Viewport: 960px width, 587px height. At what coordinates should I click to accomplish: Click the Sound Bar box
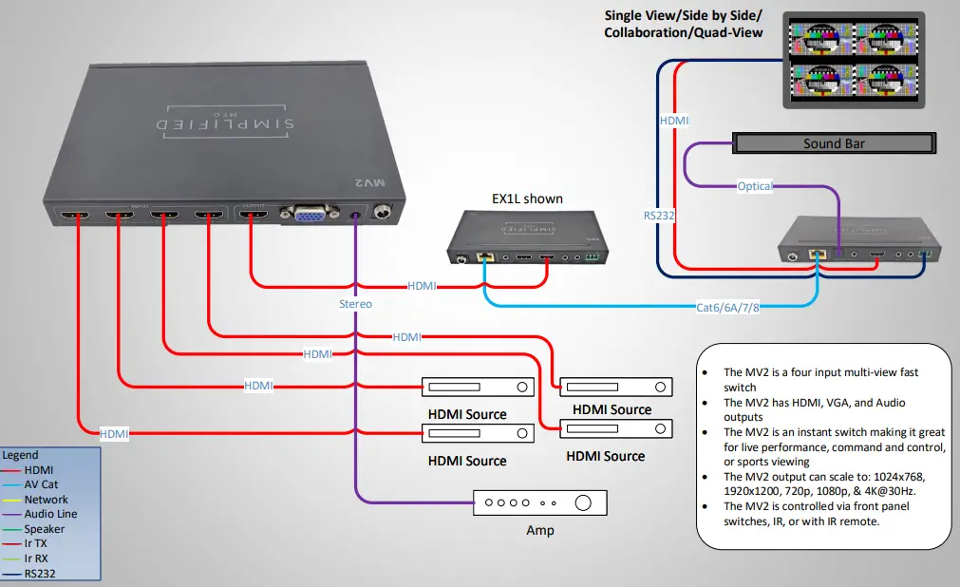click(834, 143)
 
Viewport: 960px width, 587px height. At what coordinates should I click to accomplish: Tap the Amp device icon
click(539, 502)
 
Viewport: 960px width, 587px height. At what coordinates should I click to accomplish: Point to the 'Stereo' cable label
click(355, 304)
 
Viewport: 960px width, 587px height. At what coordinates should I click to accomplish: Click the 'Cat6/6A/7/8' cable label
click(728, 307)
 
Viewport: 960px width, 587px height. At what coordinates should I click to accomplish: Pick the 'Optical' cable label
click(755, 186)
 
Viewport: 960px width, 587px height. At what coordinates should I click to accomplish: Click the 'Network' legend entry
click(47, 500)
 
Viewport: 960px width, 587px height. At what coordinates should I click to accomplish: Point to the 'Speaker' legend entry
click(45, 529)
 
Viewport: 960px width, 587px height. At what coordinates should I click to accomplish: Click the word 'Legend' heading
click(20, 455)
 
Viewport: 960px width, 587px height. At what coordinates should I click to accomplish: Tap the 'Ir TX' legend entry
click(37, 543)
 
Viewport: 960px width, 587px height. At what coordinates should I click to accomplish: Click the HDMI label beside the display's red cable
click(674, 122)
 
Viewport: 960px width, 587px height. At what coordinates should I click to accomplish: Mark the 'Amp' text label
click(539, 530)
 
